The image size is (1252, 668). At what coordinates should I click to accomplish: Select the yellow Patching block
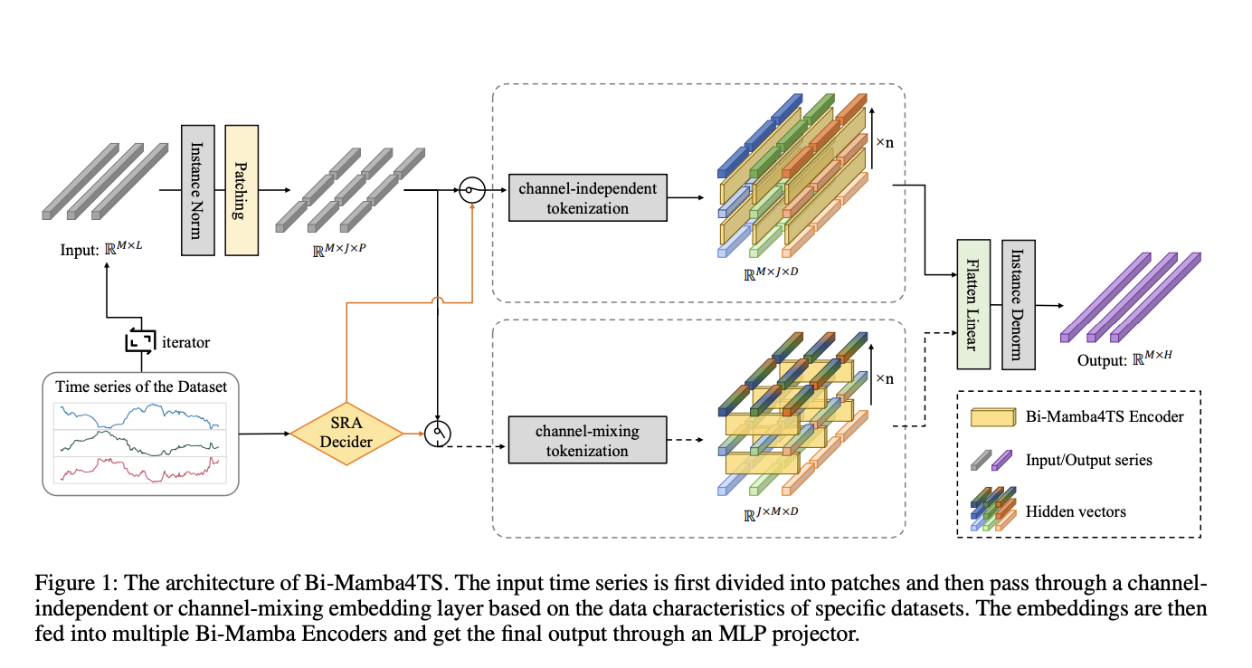(242, 188)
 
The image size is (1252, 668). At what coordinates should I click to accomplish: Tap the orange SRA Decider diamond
(346, 434)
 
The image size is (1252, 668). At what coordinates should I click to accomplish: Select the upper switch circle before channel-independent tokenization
(471, 190)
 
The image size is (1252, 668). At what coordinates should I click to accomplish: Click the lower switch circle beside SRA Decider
(437, 434)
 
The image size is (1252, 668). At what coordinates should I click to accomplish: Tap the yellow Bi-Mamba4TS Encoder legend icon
(993, 417)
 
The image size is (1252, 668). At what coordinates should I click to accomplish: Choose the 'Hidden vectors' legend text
(1076, 511)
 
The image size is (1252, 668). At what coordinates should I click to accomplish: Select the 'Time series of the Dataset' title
(140, 386)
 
